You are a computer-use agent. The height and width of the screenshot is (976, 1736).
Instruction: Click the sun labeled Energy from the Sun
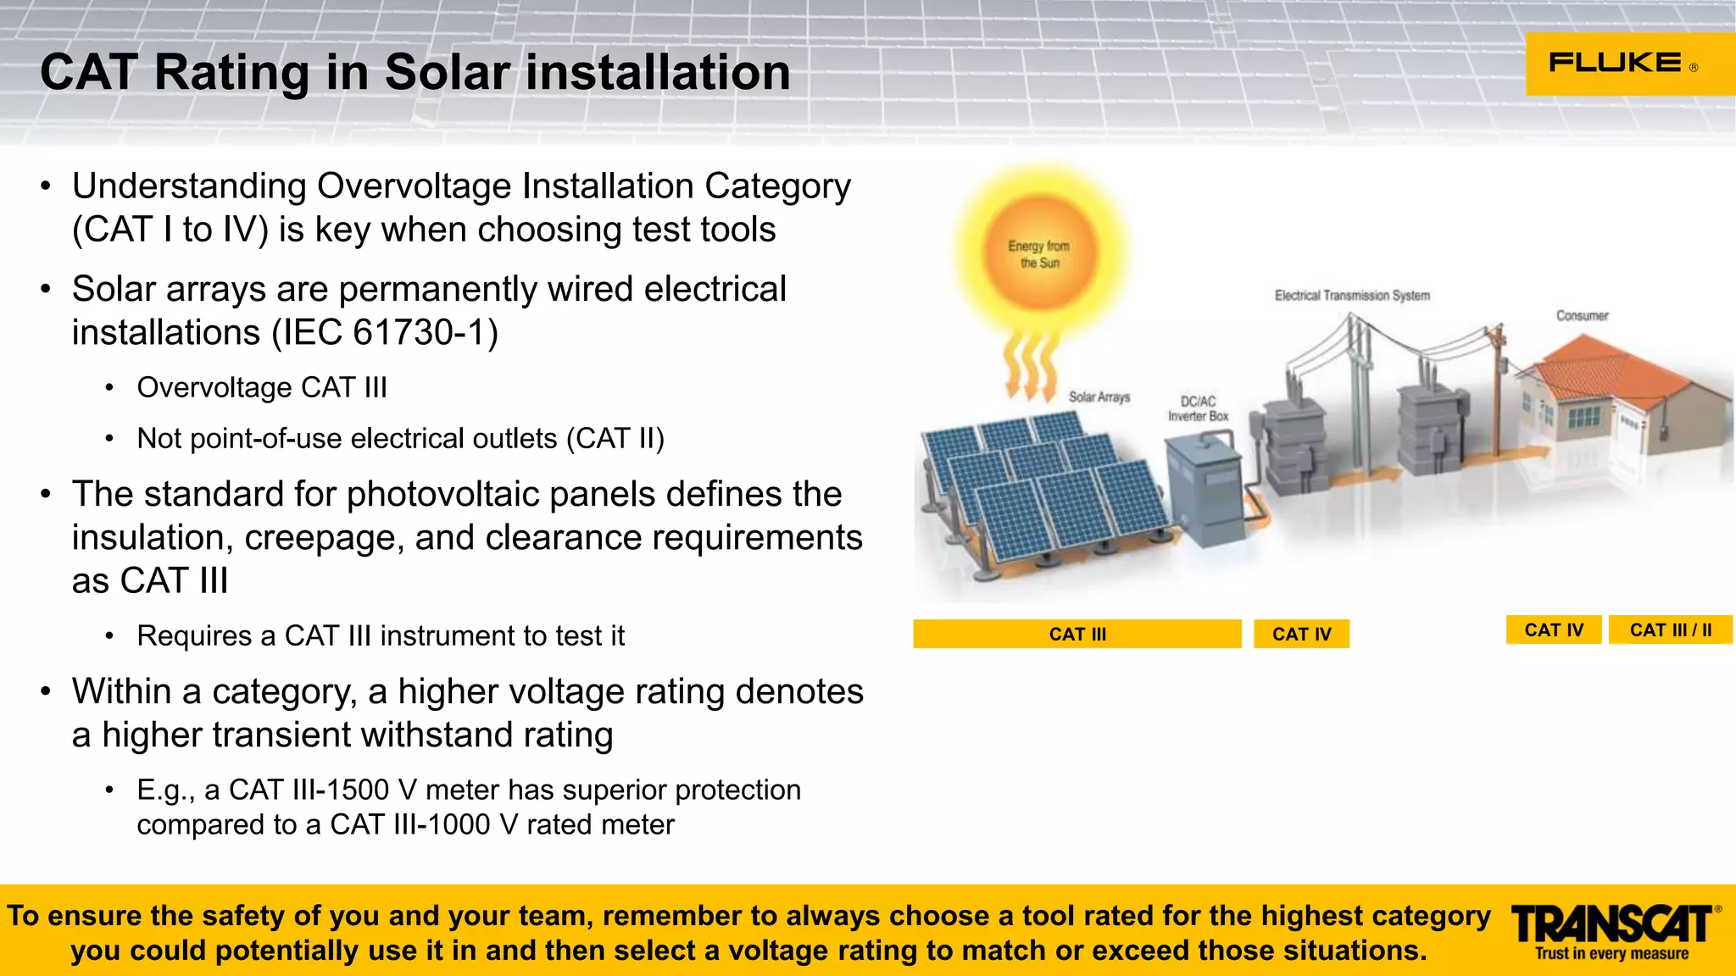1039,253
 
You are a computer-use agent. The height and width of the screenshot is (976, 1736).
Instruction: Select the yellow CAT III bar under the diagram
1077,634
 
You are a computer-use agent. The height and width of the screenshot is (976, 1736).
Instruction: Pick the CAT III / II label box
1670,630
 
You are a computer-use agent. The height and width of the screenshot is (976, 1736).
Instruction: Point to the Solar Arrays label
1099,396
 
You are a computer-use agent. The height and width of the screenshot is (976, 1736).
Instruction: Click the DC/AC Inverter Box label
1198,408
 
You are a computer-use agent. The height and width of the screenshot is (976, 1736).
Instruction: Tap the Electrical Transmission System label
1352,296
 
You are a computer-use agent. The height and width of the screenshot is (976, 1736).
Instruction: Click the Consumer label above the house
1582,316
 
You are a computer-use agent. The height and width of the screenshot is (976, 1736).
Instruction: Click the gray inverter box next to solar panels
1205,491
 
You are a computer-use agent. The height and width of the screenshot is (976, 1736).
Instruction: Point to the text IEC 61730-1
385,332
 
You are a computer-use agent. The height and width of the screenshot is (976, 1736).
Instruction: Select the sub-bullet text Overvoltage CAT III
262,387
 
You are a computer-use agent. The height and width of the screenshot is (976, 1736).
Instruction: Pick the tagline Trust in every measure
1611,954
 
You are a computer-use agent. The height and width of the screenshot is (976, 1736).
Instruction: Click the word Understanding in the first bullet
189,186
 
